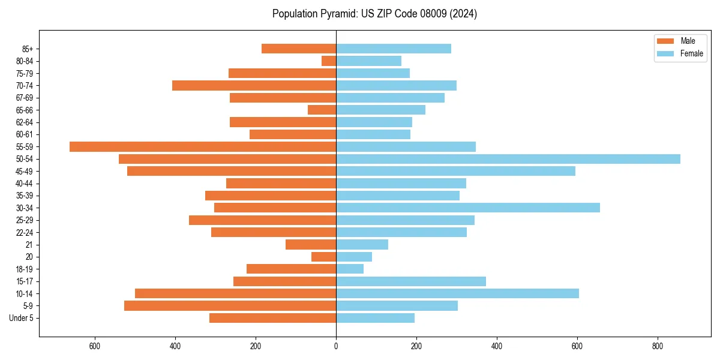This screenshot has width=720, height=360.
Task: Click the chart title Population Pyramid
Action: coord(374,14)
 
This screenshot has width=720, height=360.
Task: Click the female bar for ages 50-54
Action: coord(508,159)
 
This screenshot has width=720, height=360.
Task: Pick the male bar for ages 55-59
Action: coord(203,146)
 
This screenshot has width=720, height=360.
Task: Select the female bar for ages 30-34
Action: coord(467,208)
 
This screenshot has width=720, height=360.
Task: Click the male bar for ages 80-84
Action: coord(329,61)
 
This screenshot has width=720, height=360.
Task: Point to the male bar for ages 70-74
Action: coord(254,85)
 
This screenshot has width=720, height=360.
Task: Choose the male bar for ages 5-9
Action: coord(230,305)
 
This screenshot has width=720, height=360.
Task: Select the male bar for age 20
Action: coord(323,257)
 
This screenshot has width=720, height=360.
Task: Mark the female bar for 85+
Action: coord(393,49)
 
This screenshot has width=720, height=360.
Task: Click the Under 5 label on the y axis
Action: coord(21,318)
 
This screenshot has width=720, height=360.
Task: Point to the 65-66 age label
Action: coord(25,110)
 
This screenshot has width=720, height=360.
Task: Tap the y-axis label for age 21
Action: coord(29,245)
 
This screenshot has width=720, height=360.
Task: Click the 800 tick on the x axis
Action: coord(657,346)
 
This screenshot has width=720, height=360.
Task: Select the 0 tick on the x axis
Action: coord(336,346)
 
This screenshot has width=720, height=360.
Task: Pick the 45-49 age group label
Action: coord(25,171)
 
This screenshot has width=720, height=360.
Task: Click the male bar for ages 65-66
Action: coord(322,110)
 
